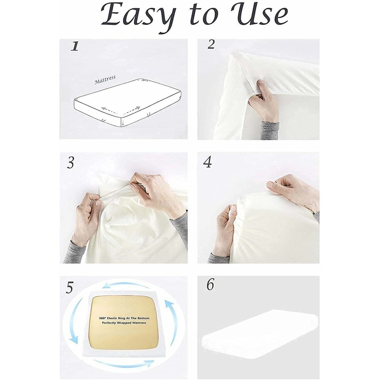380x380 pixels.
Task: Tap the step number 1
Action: (74, 46)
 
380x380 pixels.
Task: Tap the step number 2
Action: (211, 44)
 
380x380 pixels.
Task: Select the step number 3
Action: (71, 163)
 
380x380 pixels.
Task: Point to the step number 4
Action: (207, 162)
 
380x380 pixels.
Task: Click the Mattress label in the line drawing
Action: (105, 79)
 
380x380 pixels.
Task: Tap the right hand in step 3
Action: (154, 190)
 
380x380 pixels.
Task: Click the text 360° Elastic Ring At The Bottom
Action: (125, 315)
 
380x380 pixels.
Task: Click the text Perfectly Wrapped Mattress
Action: (125, 323)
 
